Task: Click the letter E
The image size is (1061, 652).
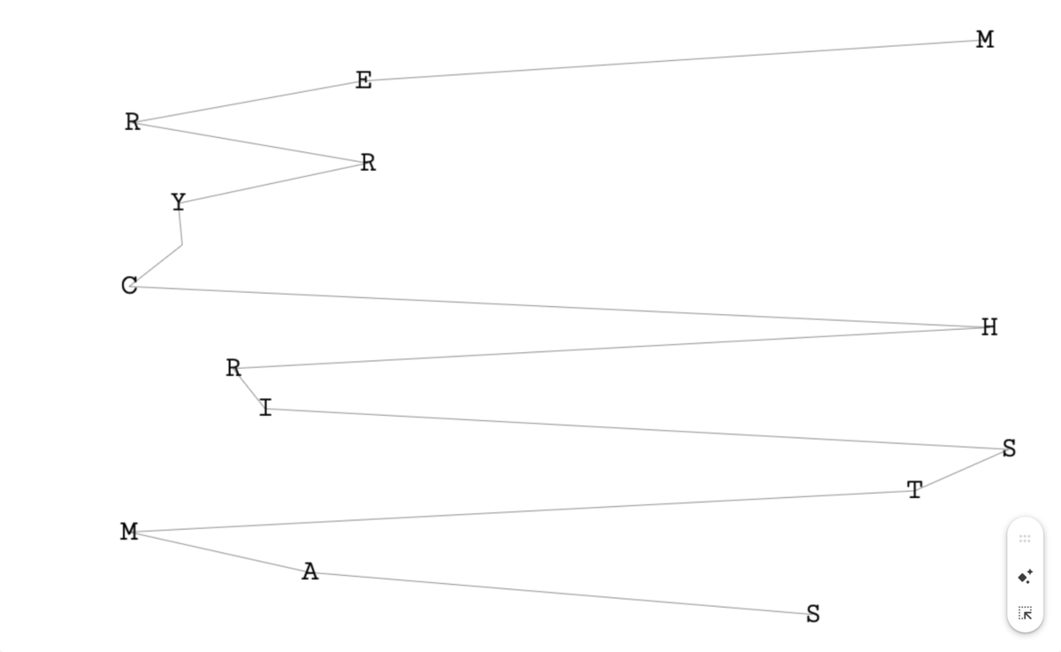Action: [363, 81]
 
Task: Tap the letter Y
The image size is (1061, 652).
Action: [179, 203]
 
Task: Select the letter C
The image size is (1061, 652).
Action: [129, 286]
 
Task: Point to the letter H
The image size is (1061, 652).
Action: [989, 327]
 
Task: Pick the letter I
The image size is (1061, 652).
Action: [265, 408]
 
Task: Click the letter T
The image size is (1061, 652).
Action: [915, 490]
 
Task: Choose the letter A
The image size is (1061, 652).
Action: [309, 572]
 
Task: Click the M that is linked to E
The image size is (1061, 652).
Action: [985, 40]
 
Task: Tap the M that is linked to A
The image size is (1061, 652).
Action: [129, 532]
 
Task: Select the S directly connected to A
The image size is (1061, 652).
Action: [813, 614]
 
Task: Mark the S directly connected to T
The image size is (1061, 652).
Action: [1009, 449]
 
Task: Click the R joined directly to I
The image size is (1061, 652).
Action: [233, 368]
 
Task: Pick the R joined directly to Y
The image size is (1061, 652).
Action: [368, 163]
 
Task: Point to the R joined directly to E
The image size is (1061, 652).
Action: [133, 122]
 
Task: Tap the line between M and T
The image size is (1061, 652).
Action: [522, 511]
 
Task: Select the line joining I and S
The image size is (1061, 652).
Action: [637, 429]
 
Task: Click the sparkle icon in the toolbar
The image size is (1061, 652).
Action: [1025, 577]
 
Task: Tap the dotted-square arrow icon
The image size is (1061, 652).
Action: [1025, 613]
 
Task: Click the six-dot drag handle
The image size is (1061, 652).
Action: [1025, 539]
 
